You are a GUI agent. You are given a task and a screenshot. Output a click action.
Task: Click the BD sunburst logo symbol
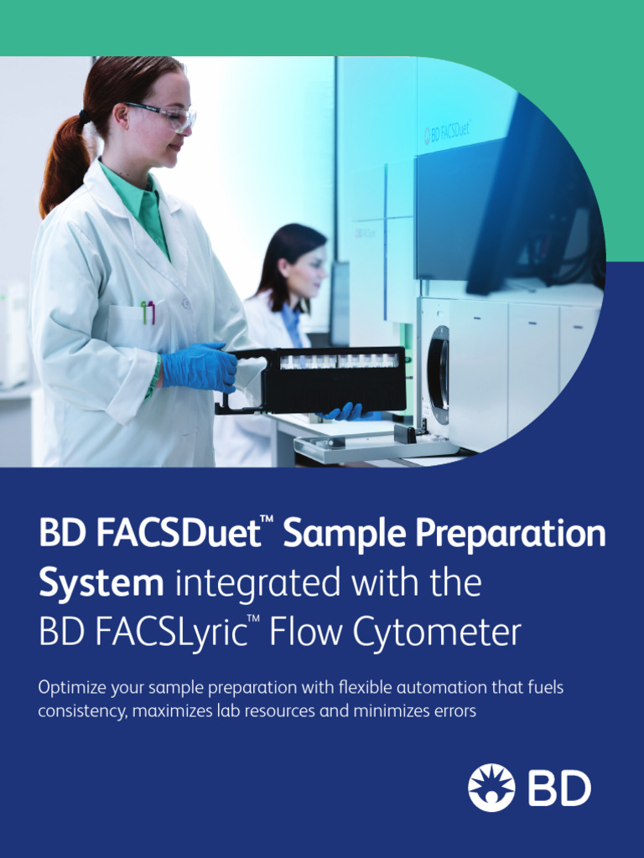pos(491,788)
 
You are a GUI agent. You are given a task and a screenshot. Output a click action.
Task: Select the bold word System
pos(101,583)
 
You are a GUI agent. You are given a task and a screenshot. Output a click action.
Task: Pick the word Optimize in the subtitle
pos(70,688)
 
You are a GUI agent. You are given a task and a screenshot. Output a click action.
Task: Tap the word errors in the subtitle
pos(451,711)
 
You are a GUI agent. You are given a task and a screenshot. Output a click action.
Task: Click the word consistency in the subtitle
pos(79,711)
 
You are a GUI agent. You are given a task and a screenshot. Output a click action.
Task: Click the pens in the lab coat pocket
pos(148,312)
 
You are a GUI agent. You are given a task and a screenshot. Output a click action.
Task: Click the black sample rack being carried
pos(335,379)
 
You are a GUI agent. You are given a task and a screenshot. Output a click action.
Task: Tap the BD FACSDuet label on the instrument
pos(449,132)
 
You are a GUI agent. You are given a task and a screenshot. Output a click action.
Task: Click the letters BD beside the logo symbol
pos(559,788)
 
